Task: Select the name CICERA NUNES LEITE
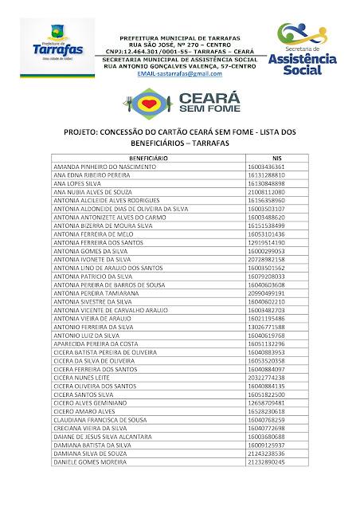[x=80, y=378]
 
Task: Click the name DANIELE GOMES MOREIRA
[x=86, y=461]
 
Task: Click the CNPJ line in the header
[x=179, y=51]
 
